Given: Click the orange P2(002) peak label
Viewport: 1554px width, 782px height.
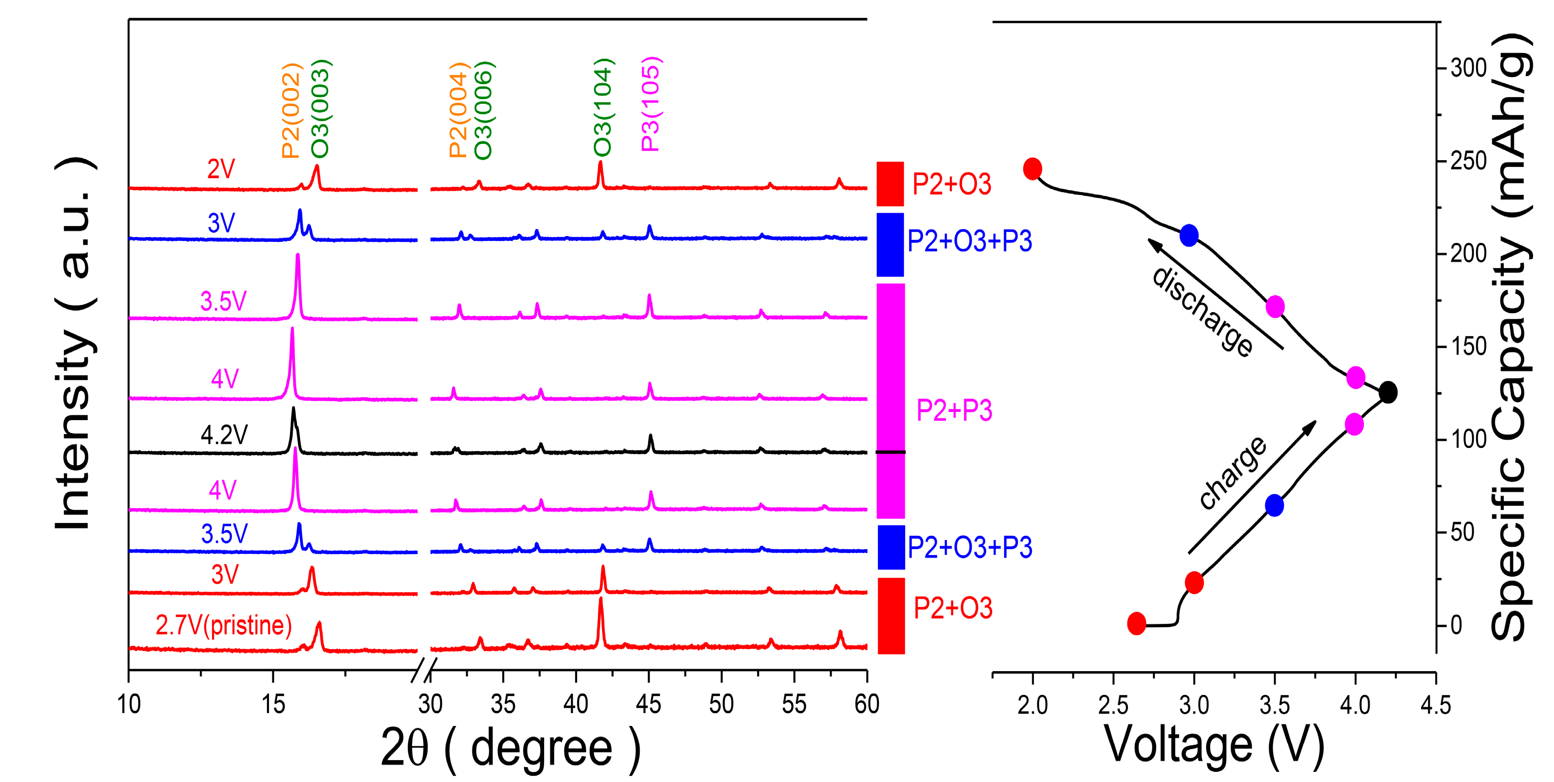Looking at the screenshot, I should click(x=291, y=110).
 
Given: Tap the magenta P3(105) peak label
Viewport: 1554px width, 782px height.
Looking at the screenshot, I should click(x=651, y=104).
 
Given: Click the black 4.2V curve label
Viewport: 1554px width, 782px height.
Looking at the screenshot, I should click(x=224, y=434).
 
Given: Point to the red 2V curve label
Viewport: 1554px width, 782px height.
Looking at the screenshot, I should click(x=221, y=169).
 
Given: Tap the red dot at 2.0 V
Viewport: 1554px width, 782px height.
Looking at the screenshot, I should click(x=1032, y=169).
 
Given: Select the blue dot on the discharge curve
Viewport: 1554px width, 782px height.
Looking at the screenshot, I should click(x=1189, y=235).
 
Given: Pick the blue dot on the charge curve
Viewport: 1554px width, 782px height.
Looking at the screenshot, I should click(x=1274, y=506).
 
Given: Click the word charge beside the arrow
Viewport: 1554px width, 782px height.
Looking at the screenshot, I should click(x=1232, y=472).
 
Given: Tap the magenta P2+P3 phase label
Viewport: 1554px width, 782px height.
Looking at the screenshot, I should click(x=954, y=410).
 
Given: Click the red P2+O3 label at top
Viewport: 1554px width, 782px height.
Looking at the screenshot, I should click(x=951, y=184).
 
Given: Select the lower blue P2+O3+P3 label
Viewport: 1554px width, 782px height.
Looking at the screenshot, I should click(x=969, y=547).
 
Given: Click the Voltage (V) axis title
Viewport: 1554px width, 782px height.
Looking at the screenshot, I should click(x=1214, y=745).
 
